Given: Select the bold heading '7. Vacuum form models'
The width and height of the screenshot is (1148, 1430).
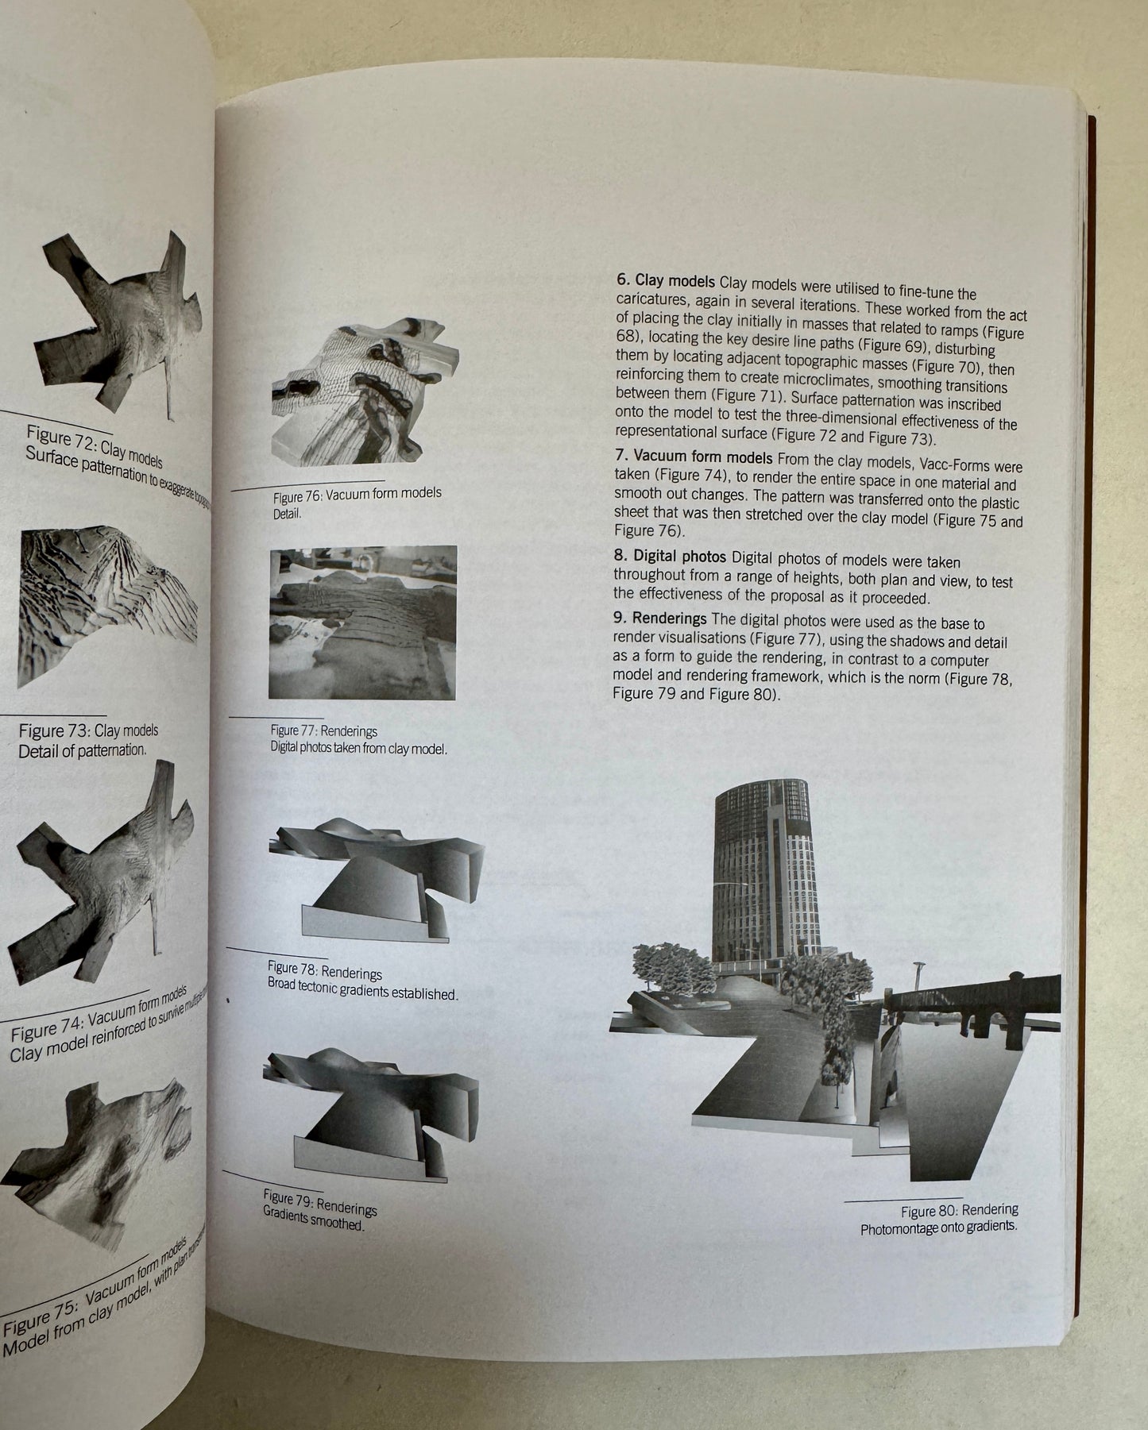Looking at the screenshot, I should pyautogui.click(x=692, y=459).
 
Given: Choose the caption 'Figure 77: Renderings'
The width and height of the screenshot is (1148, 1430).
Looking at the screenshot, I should pyautogui.click(x=323, y=730).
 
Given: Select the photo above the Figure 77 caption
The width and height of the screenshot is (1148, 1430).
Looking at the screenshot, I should pyautogui.click(x=363, y=622).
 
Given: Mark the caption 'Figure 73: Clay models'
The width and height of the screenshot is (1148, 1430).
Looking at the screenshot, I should pyautogui.click(x=88, y=731).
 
